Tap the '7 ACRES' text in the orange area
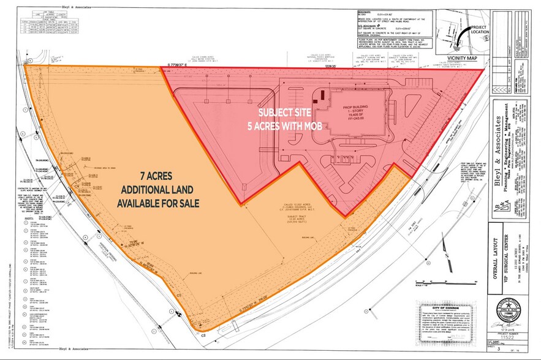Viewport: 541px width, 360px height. pyautogui.click(x=147, y=173)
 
